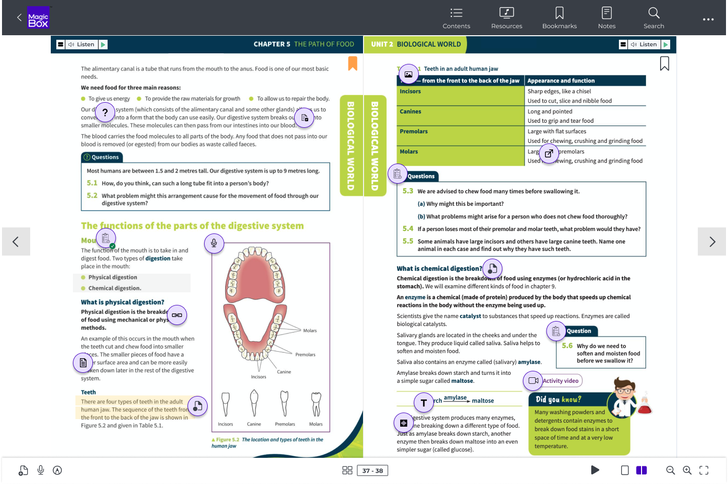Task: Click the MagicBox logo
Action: point(38,18)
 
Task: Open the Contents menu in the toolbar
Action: point(456,18)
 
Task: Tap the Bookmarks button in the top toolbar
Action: point(559,18)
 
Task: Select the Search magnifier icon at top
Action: point(654,18)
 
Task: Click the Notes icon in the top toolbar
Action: point(606,18)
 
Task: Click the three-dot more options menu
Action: point(708,20)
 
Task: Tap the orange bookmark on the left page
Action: point(352,63)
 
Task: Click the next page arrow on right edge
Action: point(712,241)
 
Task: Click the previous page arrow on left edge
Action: point(16,241)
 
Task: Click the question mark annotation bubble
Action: point(105,113)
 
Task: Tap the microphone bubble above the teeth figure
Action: point(214,244)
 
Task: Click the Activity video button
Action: point(553,381)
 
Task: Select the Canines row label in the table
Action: point(410,112)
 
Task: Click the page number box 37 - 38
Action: point(373,470)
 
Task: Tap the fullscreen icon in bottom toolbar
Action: point(704,470)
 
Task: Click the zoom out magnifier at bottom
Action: point(670,470)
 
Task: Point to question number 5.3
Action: point(408,191)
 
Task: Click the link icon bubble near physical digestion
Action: point(177,315)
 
